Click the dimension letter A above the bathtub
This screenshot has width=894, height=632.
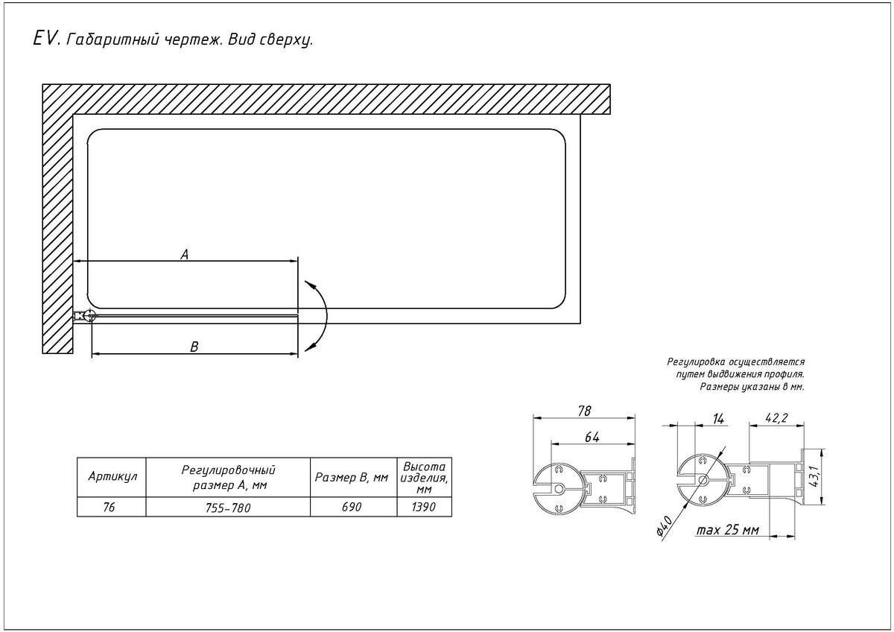(x=185, y=254)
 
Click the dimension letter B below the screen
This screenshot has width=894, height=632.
(x=194, y=347)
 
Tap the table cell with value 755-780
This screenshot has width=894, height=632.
(x=228, y=508)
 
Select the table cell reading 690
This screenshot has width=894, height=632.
(x=352, y=507)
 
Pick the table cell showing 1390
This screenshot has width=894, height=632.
(x=424, y=507)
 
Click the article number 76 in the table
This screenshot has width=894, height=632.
(x=109, y=507)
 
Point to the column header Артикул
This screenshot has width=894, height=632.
(x=112, y=476)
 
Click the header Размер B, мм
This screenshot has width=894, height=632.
(x=352, y=477)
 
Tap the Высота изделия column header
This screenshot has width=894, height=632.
(x=424, y=478)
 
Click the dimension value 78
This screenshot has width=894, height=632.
(x=584, y=411)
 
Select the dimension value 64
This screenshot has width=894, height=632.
(x=592, y=437)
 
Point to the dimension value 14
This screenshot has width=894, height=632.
(x=717, y=418)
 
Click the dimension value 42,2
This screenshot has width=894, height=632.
(x=776, y=417)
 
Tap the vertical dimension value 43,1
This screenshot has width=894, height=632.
(x=814, y=476)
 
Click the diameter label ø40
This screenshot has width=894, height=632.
(x=665, y=525)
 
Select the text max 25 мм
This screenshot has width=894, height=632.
(x=728, y=530)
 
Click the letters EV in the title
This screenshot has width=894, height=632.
(x=46, y=39)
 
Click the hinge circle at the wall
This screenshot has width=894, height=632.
(x=90, y=316)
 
